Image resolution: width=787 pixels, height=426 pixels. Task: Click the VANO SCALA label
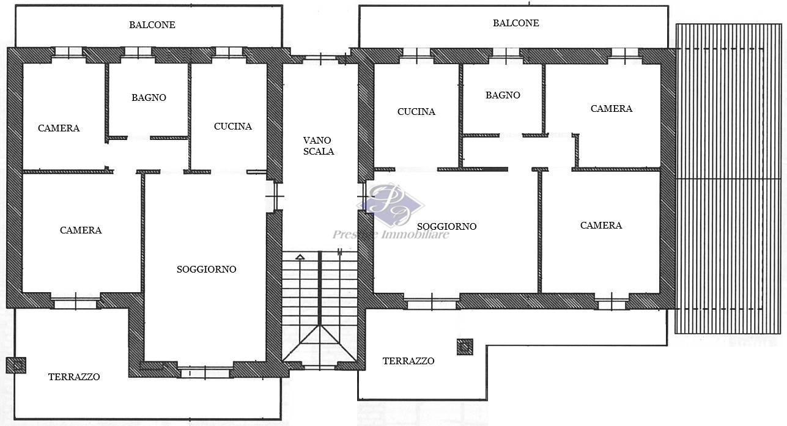pyautogui.click(x=319, y=145)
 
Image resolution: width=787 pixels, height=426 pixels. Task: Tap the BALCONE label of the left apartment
pyautogui.click(x=152, y=25)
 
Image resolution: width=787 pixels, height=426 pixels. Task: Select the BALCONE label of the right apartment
pyautogui.click(x=515, y=23)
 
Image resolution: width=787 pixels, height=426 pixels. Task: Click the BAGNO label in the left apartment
pyautogui.click(x=149, y=98)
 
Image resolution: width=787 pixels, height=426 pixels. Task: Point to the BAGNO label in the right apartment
pyautogui.click(x=503, y=95)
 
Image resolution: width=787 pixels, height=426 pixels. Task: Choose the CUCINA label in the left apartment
pyautogui.click(x=232, y=127)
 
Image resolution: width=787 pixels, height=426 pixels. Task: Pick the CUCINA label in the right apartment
pyautogui.click(x=416, y=112)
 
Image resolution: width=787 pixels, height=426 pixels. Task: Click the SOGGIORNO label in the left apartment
pyautogui.click(x=206, y=270)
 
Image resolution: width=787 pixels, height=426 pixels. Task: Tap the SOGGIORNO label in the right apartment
pyautogui.click(x=446, y=227)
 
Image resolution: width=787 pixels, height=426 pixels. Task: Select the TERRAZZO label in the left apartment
pyautogui.click(x=74, y=377)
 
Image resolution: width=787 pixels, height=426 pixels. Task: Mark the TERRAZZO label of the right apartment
pyautogui.click(x=408, y=361)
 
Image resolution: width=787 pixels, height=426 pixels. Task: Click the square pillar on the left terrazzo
pyautogui.click(x=16, y=365)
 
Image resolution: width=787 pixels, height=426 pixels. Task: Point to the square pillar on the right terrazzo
pyautogui.click(x=465, y=347)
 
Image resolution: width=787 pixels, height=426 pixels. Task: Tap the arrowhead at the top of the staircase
pyautogui.click(x=300, y=257)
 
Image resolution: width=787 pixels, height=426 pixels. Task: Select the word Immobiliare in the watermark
pyautogui.click(x=415, y=234)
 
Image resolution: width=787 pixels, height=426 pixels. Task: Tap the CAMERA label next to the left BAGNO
pyautogui.click(x=59, y=128)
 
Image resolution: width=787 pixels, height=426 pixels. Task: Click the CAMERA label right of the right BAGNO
pyautogui.click(x=611, y=109)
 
